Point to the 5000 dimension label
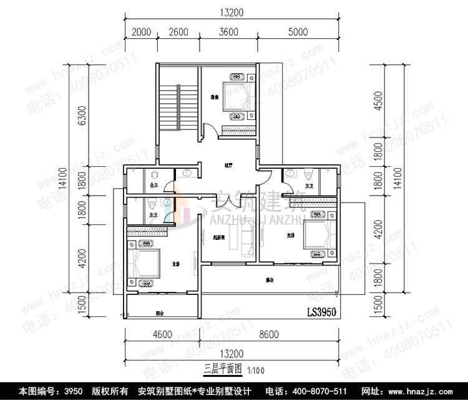297,33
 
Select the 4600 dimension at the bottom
161,335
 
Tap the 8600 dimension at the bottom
270,335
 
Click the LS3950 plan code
323,311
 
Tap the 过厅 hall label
228,166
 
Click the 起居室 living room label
218,237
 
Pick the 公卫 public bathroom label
154,186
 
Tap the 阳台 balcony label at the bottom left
159,313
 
